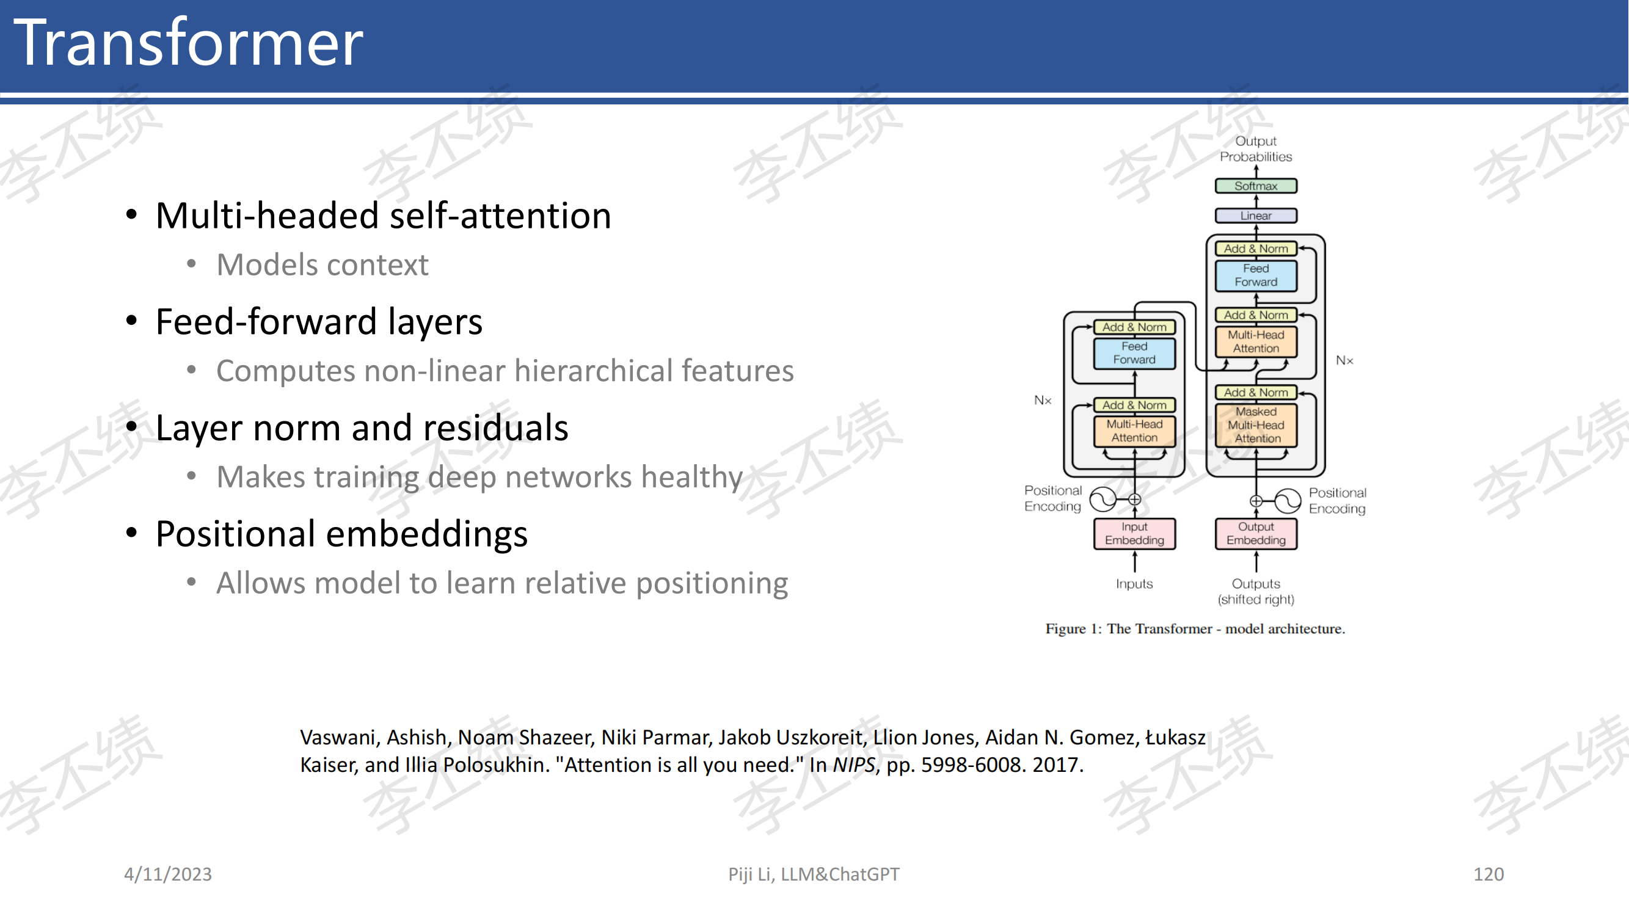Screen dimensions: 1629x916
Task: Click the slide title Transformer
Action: coord(189,42)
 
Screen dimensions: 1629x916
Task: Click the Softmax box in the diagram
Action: coord(1256,186)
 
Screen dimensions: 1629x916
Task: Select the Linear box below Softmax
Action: coord(1256,216)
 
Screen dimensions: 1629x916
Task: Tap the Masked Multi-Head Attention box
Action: coord(1256,425)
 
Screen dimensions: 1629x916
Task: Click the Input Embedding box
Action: coord(1134,534)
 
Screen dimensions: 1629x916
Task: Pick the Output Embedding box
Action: coord(1256,534)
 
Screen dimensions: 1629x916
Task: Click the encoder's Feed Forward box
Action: coord(1134,353)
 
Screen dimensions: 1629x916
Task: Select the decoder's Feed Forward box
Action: coord(1256,275)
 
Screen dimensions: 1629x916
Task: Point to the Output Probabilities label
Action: coord(1256,148)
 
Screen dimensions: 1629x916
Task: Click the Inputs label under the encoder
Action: coord(1134,583)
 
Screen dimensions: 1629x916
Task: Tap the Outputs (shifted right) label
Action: coord(1256,591)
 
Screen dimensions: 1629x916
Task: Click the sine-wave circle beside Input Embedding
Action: coord(1104,500)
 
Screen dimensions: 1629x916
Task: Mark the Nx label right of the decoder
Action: coord(1344,360)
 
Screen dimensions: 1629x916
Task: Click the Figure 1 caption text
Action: coord(1195,628)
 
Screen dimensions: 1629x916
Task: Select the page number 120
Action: coord(1489,874)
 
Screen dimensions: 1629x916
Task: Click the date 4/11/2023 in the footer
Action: coord(168,874)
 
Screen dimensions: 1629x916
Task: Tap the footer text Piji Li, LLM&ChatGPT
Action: coord(814,874)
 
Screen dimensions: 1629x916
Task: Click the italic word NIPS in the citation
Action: coord(854,765)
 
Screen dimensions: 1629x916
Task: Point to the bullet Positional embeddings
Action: coord(341,534)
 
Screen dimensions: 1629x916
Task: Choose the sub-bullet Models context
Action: coord(323,264)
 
